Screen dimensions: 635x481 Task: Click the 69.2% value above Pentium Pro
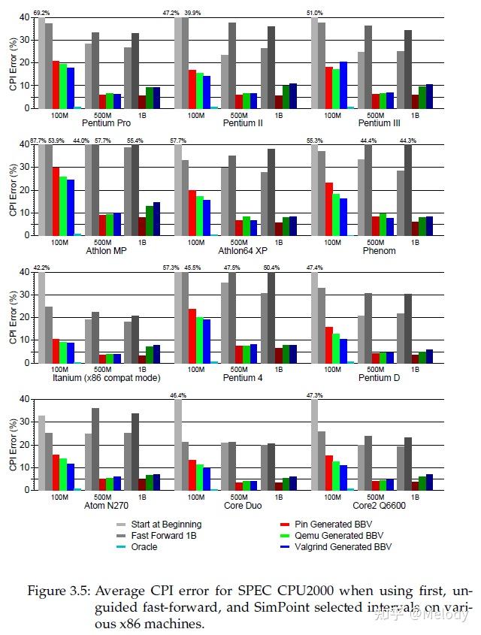(x=41, y=13)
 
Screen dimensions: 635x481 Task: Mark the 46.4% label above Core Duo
(x=178, y=395)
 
